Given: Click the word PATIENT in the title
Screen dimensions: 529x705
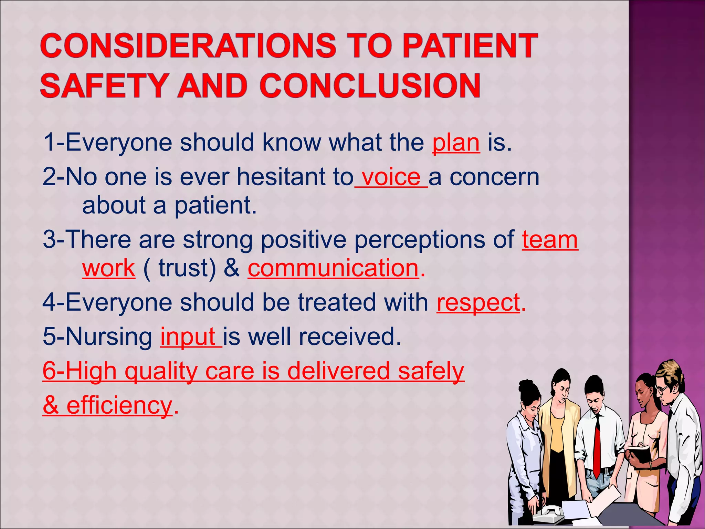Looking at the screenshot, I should (470, 45).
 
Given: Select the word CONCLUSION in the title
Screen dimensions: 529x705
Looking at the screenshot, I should (370, 85).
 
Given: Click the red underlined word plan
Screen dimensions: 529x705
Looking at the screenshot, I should (456, 143).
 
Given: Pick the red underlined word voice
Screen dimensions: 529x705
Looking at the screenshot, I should (391, 177).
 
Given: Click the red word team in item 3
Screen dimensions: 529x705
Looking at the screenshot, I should (550, 240).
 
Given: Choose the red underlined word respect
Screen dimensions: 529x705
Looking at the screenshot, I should (478, 302).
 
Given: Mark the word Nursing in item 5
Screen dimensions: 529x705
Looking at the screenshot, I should (109, 337).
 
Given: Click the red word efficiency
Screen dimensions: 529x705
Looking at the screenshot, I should (119, 406).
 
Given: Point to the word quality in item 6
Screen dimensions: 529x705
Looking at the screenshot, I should (161, 372).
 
